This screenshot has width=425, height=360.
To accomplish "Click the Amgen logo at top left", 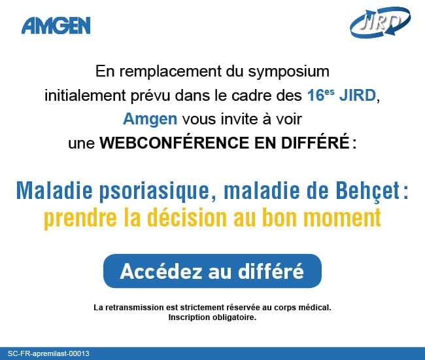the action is pos(56,26).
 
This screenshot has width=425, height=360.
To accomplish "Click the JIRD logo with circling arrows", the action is pos(380,22).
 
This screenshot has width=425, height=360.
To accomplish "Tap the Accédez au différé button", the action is pos(212,271).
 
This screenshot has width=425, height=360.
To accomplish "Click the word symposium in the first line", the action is pos(288,72).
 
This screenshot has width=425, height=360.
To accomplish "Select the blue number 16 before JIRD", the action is pos(316,96).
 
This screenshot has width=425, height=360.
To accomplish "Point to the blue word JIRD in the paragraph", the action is pos(358,96).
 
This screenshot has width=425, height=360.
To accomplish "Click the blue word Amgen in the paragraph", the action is pos(150,119).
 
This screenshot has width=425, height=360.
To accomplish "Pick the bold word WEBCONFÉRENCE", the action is pos(174,142).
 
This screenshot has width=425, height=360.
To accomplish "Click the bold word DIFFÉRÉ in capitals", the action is pos(315,142).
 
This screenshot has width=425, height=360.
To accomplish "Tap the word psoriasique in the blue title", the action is pos(154,191).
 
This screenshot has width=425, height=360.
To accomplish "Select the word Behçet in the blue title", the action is pos(368,190).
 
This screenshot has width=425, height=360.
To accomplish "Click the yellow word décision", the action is pos(187,217).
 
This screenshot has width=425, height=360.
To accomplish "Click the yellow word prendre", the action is pos(80,218).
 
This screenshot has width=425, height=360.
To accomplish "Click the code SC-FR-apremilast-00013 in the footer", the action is pos(48,353).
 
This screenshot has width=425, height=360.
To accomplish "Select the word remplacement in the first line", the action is pos(171,72).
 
